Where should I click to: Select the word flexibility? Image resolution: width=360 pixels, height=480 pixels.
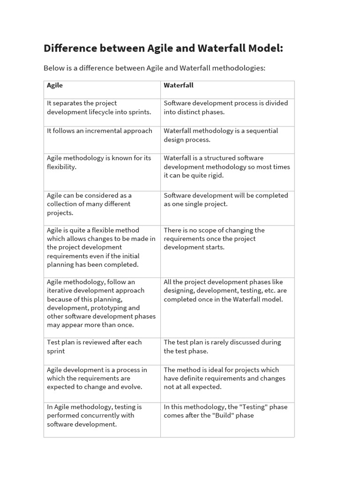tap(61, 167)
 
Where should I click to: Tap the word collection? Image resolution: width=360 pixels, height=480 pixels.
tap(62, 204)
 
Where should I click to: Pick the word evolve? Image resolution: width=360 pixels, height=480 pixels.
tap(132, 387)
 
